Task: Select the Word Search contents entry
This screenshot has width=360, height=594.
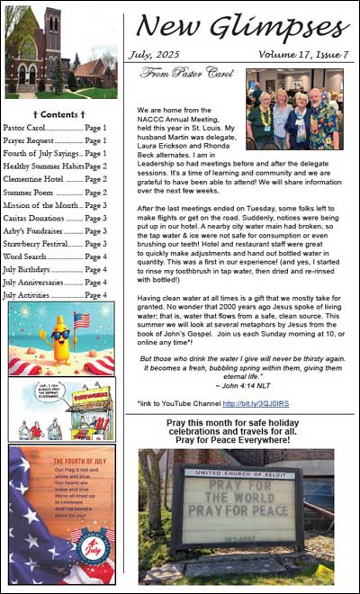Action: click(55, 256)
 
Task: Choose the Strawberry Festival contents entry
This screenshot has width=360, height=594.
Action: click(55, 244)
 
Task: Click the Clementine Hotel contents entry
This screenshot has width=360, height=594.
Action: click(55, 179)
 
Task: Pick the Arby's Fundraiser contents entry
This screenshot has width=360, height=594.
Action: click(55, 230)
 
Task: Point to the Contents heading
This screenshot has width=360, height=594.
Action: click(58, 115)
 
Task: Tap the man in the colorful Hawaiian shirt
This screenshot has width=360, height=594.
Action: click(322, 120)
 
